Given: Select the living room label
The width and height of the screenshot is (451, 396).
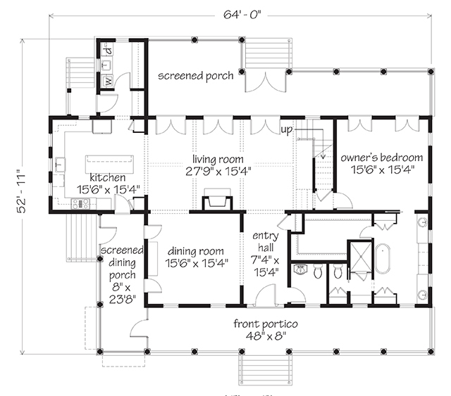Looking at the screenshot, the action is (x=218, y=165).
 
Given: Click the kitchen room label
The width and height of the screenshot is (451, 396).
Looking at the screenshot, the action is (x=108, y=184).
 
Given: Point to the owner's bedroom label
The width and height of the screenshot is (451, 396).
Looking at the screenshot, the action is (x=382, y=164).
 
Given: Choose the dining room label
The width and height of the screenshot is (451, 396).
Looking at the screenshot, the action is (x=196, y=257).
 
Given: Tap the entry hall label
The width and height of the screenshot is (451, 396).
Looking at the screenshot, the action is (x=265, y=253).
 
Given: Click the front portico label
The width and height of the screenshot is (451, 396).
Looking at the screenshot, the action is (x=266, y=329).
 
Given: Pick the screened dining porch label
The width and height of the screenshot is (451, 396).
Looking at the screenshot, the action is (x=122, y=274).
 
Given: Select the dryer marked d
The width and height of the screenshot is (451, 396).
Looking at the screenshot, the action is (x=108, y=50).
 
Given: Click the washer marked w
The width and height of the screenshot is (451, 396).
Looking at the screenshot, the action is (x=108, y=80).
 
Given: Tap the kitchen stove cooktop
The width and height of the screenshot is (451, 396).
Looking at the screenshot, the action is (x=81, y=204).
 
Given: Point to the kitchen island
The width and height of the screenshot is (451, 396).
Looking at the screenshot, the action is (x=109, y=165).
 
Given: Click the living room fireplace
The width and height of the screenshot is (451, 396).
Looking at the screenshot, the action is (x=217, y=200).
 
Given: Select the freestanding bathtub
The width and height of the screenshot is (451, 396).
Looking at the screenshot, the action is (x=383, y=258).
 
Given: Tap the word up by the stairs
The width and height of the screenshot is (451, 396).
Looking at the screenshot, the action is (x=286, y=130).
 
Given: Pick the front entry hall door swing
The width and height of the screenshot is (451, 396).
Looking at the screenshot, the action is (x=266, y=295).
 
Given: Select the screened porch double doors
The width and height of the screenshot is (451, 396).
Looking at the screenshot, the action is (x=266, y=82).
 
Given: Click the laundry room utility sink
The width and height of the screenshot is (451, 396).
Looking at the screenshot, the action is (x=107, y=65).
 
